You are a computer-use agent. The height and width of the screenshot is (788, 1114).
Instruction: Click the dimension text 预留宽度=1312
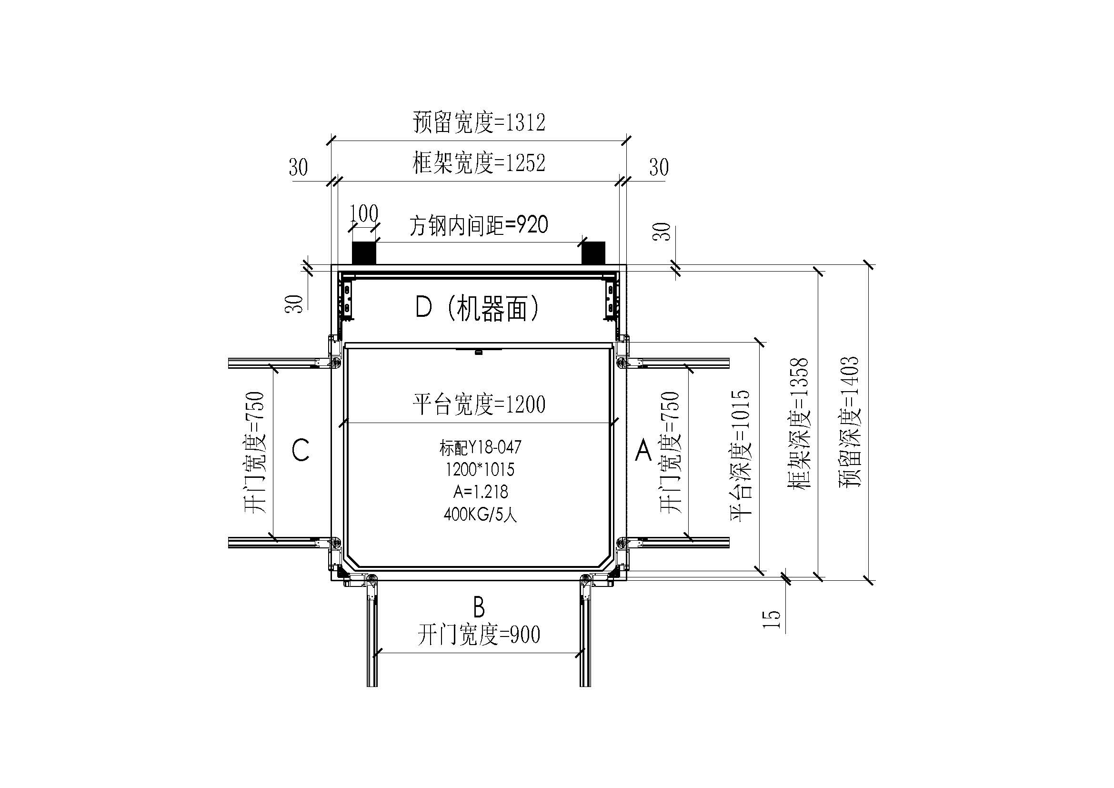(479, 122)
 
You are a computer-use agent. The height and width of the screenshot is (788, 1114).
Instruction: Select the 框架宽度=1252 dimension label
(479, 163)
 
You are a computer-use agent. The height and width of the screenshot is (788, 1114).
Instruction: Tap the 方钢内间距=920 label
(479, 226)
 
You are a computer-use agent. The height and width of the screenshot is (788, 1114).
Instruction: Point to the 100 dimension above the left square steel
(364, 213)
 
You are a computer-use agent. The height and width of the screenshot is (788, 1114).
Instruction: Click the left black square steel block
(364, 253)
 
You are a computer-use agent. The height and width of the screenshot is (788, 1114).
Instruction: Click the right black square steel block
(593, 253)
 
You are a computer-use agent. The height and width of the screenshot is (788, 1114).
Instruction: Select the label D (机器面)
(478, 308)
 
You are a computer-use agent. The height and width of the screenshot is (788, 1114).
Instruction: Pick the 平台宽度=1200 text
(479, 404)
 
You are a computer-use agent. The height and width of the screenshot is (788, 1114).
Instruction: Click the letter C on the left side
(301, 450)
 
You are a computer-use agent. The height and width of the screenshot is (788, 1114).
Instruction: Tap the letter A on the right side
(643, 450)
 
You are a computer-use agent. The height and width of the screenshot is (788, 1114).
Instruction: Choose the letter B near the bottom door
(478, 606)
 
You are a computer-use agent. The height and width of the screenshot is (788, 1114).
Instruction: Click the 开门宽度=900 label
(479, 635)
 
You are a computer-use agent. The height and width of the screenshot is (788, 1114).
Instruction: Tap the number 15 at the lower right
(772, 619)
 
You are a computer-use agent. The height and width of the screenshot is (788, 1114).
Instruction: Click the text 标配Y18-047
(481, 447)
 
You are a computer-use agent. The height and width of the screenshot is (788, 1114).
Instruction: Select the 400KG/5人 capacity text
(481, 515)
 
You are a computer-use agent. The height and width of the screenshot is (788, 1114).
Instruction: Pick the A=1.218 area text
(481, 492)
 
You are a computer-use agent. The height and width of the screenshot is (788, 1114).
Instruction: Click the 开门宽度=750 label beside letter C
(255, 452)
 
